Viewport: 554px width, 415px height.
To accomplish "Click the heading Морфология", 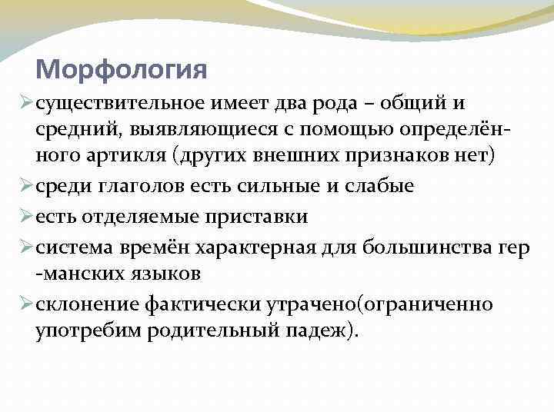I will coord(122,70).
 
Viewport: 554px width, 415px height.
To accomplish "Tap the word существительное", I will coord(114,103).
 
